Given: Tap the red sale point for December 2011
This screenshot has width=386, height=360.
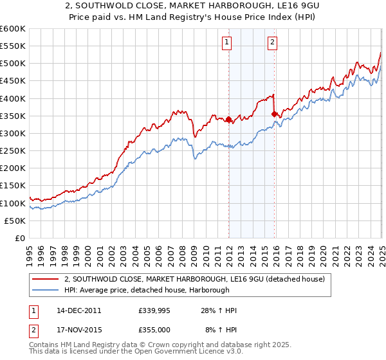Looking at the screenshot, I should click(228, 119).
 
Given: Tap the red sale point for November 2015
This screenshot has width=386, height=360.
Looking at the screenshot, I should click(275, 114).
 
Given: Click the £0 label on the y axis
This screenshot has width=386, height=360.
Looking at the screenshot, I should click(21, 238).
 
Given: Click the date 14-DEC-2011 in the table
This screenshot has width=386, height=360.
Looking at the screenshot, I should click(77, 310).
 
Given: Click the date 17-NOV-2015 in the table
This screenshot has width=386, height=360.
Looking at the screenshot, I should click(77, 328).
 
